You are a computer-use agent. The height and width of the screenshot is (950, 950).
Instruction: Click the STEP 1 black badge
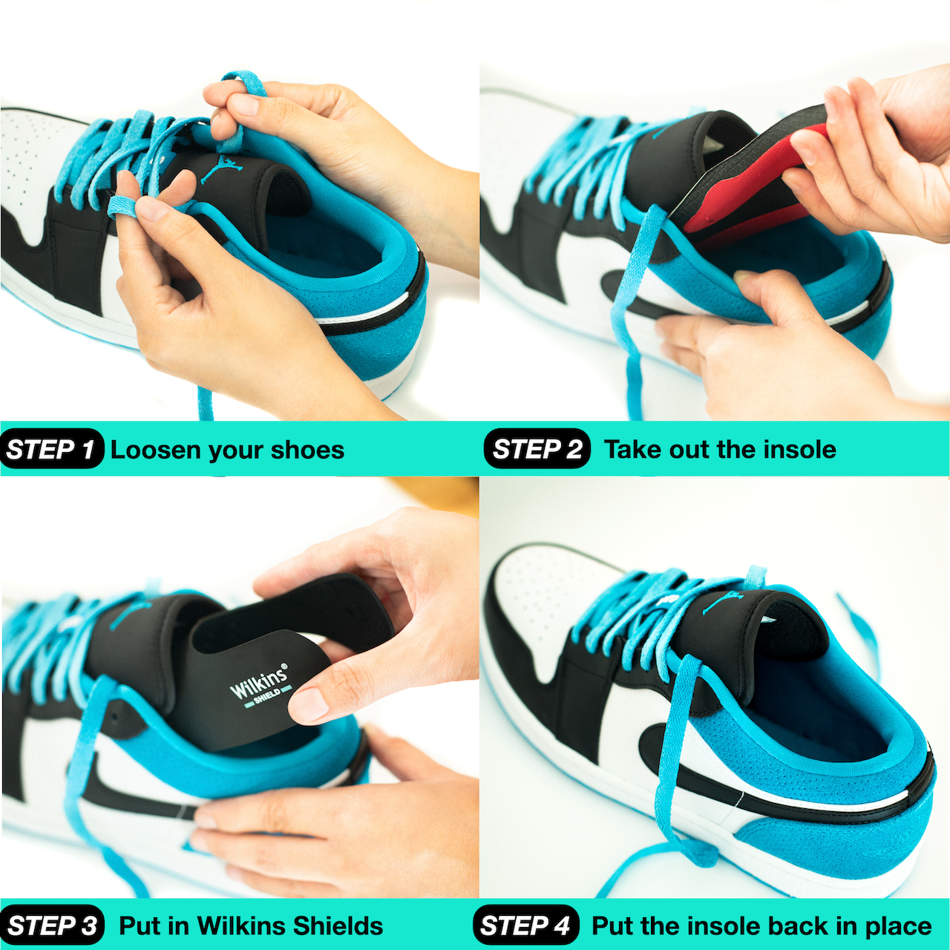pos(52,448)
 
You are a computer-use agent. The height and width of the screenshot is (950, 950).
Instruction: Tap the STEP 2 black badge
pos(537,448)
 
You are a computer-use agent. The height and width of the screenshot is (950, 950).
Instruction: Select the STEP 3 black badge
pos(52,925)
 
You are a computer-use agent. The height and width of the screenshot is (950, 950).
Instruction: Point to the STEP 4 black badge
pos(525,925)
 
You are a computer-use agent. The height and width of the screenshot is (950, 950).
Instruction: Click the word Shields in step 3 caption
pos(338,926)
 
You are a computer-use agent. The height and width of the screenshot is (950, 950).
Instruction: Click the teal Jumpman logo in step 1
pos(221,168)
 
